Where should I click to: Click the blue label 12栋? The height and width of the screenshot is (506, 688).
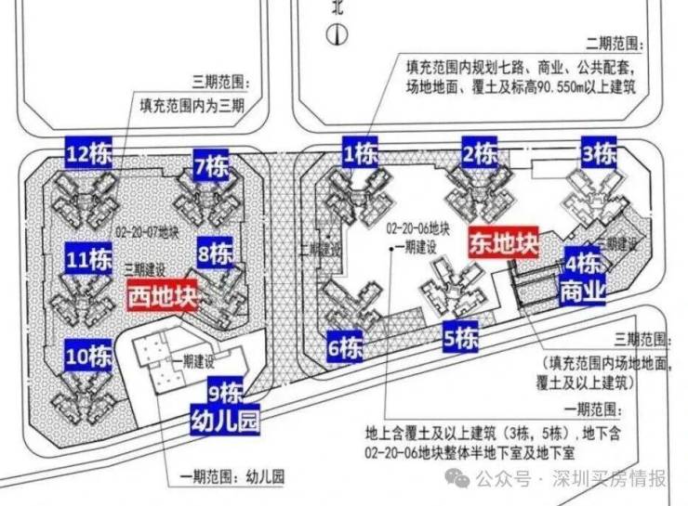(89, 152)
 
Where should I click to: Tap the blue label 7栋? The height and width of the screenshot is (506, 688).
(212, 167)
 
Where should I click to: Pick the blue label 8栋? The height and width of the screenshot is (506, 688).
(216, 252)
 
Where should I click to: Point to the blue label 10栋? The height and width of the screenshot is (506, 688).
(89, 355)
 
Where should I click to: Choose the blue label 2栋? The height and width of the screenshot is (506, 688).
(480, 152)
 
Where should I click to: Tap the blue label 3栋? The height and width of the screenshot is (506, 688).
(599, 151)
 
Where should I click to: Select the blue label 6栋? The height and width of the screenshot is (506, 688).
(345, 349)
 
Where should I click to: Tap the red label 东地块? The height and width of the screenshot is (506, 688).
(503, 244)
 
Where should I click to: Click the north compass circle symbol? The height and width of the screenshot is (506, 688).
(337, 35)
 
